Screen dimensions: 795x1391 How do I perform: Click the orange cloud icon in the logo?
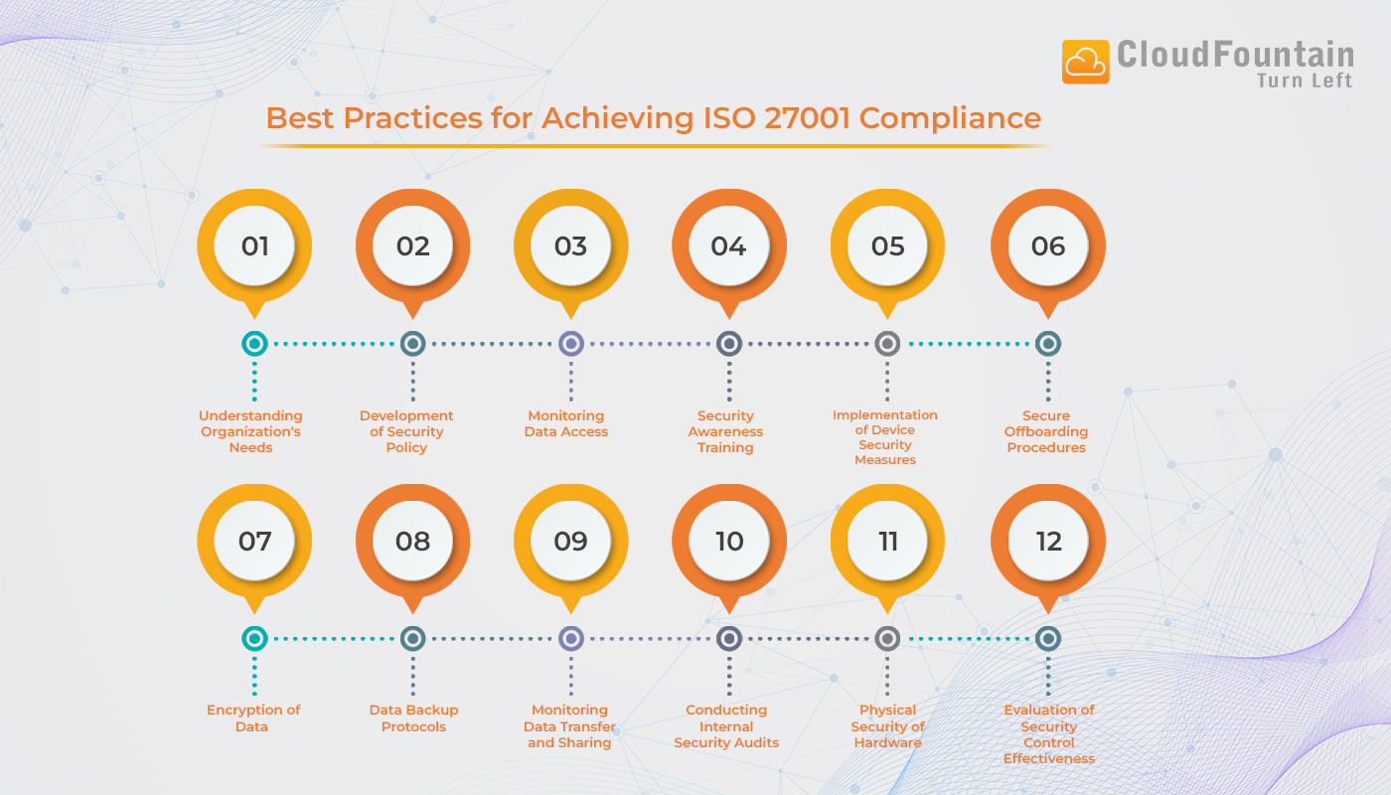1085,63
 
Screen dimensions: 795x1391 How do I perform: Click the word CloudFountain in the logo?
1235,54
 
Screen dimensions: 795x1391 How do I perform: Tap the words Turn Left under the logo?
1305,81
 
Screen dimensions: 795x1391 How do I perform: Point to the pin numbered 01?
254,245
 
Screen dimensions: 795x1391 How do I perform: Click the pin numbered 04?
729,245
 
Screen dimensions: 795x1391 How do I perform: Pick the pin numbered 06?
1048,245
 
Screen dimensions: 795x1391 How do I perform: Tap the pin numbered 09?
570,541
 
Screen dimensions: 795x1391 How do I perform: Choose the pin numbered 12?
1048,541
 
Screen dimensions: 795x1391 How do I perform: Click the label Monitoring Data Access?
566,423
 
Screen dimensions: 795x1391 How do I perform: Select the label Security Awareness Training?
725,431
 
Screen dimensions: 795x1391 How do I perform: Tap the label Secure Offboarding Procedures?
1046,431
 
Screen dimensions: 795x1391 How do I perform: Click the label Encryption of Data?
252,717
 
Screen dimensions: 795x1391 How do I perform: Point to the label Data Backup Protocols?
413,717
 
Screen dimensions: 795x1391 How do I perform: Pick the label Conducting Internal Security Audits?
726,726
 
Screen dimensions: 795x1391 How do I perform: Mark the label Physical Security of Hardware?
887,726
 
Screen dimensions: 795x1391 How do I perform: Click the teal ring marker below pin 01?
254,344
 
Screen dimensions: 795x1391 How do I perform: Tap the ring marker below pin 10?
729,639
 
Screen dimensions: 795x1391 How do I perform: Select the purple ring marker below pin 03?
570,344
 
